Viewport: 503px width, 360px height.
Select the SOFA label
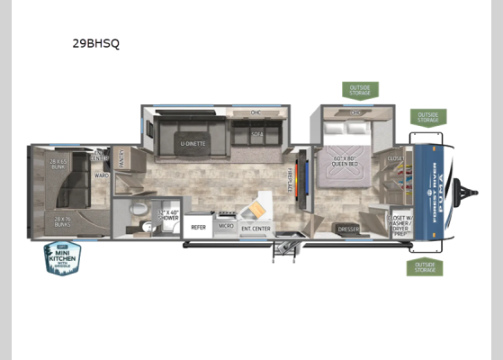pyautogui.click(x=256, y=133)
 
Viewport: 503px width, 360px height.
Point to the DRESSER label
pyautogui.click(x=348, y=229)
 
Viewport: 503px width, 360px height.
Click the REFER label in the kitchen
pyautogui.click(x=199, y=227)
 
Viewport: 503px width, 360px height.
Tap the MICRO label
pyautogui.click(x=227, y=227)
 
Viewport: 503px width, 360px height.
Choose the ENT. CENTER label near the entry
pyautogui.click(x=255, y=228)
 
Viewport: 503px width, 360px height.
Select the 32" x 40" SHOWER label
pyautogui.click(x=169, y=216)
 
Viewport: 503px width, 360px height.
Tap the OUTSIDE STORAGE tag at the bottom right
pyautogui.click(x=425, y=267)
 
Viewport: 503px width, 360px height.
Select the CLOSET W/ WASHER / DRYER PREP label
pyautogui.click(x=400, y=222)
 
